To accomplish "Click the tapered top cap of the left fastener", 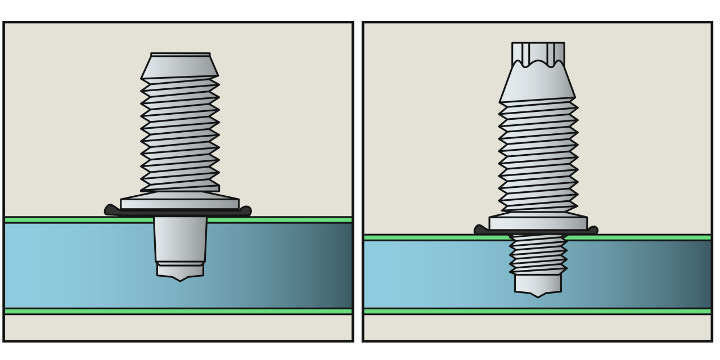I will [x=180, y=66].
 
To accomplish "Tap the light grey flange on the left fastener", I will [x=180, y=203].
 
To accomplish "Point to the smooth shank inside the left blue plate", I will [x=180, y=239].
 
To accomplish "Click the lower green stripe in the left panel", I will [x=178, y=311].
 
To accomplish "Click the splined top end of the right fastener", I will [x=538, y=52].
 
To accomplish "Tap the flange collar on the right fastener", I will [x=538, y=223].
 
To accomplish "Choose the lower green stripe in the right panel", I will [x=537, y=311].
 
